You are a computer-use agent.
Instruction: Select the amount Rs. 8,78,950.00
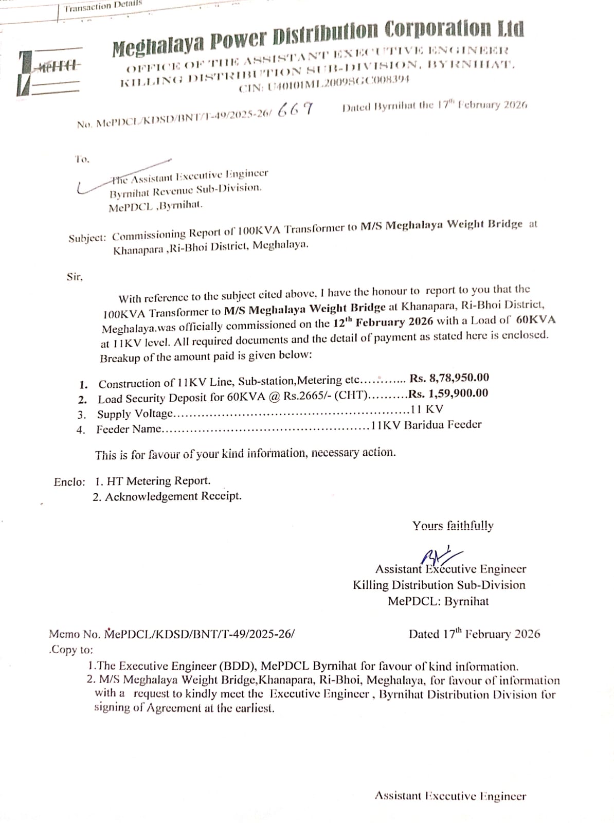click(449, 378)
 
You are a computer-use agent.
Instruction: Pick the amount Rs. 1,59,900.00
click(448, 394)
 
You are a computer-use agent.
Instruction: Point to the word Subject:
click(87, 238)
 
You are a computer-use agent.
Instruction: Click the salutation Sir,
click(75, 277)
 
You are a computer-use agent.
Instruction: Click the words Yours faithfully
click(453, 526)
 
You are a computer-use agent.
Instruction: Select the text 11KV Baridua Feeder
click(425, 425)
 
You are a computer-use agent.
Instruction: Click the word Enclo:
click(69, 482)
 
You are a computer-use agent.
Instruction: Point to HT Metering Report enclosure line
click(153, 481)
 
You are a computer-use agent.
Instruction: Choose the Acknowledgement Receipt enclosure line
click(167, 496)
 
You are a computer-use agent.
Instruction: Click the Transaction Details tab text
click(103, 6)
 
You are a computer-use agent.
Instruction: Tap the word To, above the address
click(82, 159)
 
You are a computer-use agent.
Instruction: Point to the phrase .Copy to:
click(71, 650)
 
